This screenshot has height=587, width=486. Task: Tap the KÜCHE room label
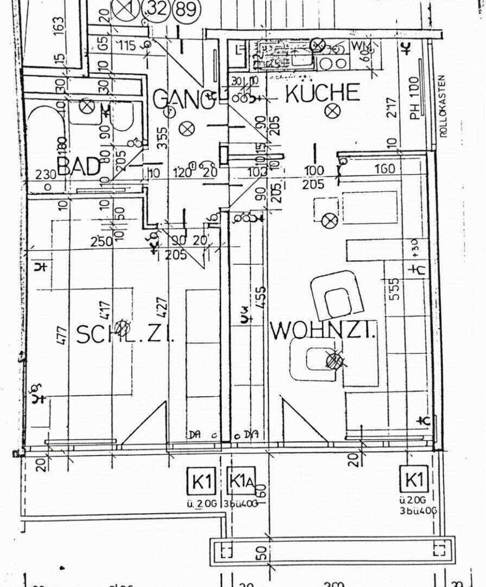[322, 93]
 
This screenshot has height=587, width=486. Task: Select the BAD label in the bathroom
[79, 166]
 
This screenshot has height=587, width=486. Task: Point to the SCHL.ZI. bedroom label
[124, 334]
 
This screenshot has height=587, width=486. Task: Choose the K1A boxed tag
[241, 480]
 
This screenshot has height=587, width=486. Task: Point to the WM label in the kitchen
[358, 46]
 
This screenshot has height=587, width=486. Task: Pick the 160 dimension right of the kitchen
[384, 169]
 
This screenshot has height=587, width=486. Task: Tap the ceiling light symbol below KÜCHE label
[331, 111]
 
